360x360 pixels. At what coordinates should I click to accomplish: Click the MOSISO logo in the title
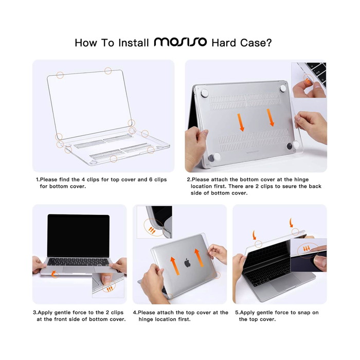point(180,42)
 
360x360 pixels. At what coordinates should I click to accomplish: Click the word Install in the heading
point(134,43)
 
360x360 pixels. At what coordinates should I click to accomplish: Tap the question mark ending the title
point(268,43)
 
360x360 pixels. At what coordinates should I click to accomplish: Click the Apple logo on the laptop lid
point(188,263)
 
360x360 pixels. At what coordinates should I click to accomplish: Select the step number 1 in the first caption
point(38,179)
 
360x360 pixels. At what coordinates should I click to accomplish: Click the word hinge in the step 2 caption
point(301,179)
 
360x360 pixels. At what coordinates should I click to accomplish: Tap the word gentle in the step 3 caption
point(62,313)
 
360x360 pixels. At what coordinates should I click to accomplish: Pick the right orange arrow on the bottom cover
point(270,118)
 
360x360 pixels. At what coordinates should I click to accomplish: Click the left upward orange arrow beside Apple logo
point(175,266)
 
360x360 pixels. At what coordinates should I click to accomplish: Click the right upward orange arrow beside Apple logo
point(199,258)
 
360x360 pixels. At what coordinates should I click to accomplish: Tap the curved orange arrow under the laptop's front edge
point(54,274)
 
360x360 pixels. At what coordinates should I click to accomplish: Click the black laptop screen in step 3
point(79,236)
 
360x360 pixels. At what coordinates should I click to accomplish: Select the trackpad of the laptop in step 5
point(285,283)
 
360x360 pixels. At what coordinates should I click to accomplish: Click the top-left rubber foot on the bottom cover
point(205,93)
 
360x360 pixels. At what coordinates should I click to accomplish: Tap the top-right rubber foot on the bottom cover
point(283,88)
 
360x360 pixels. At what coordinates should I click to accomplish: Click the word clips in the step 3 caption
point(117,313)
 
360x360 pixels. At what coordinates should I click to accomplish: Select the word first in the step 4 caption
point(184,319)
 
